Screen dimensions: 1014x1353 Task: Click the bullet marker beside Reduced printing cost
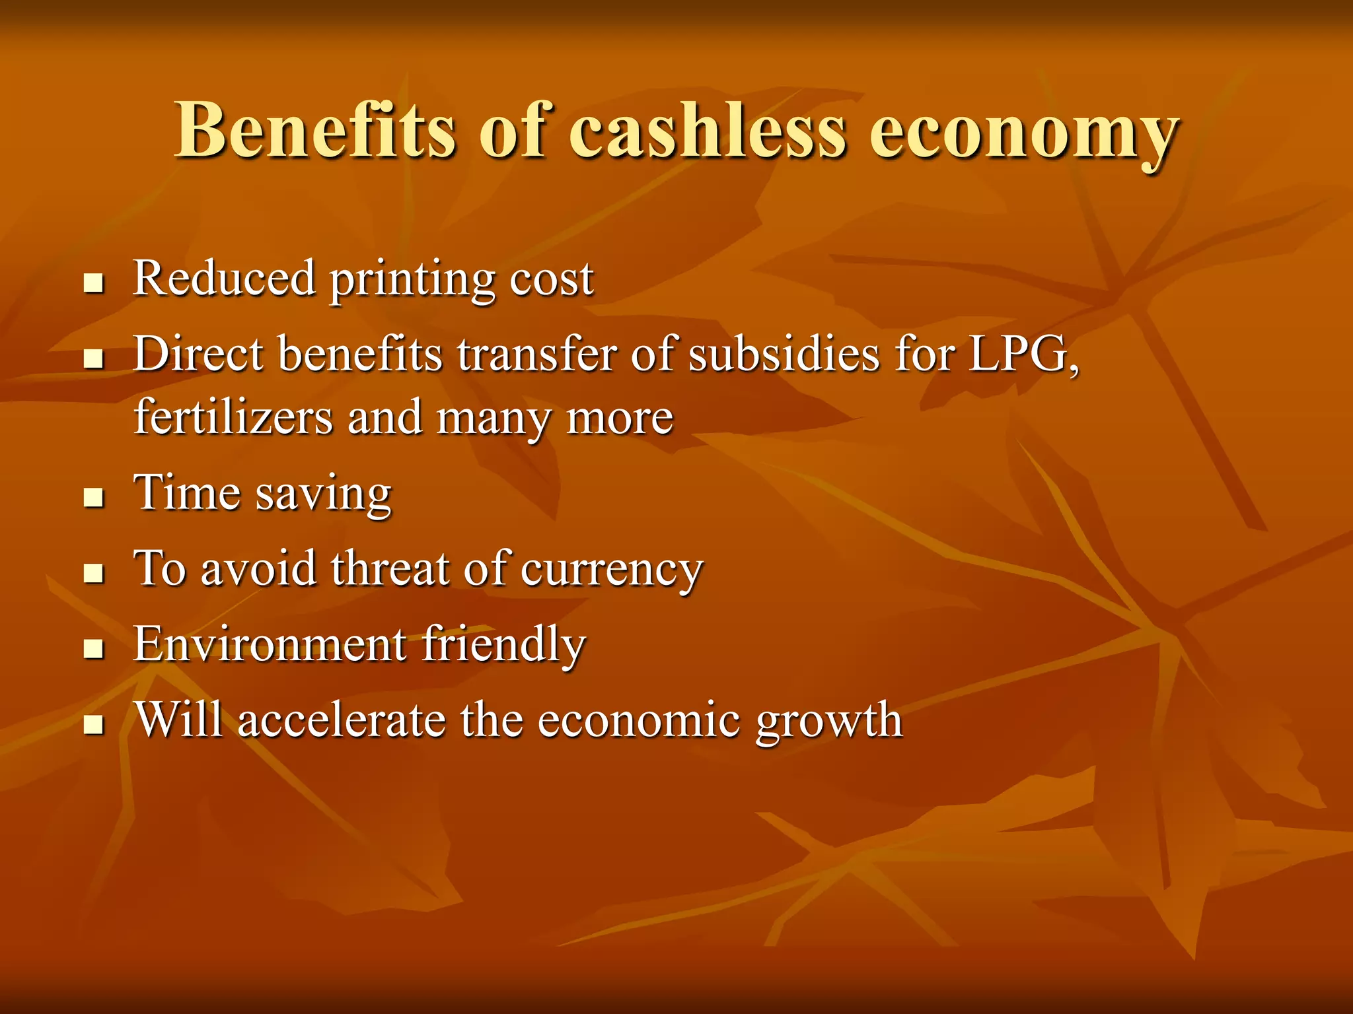pos(94,285)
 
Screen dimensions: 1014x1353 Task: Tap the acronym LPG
pos(1023,355)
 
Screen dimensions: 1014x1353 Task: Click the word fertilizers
pos(233,417)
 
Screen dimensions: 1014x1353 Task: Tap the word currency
pos(611,570)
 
